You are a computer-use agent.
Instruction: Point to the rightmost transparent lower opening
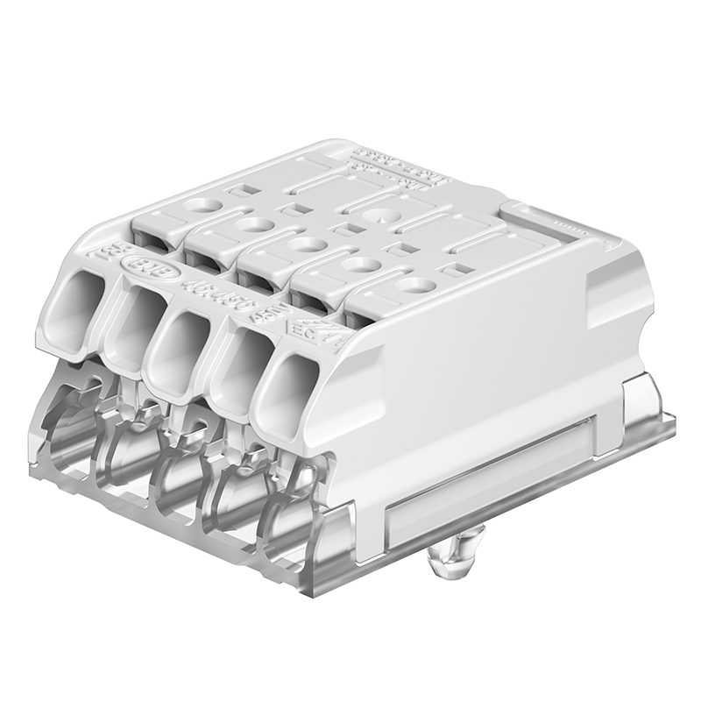[294, 535]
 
